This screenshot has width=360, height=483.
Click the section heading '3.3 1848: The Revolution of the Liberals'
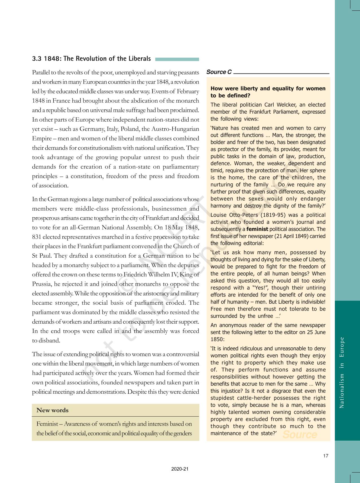(x=91, y=59)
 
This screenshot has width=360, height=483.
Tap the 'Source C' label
(x=219, y=72)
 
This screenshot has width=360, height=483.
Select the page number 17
(x=326, y=456)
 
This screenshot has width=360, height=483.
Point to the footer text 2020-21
(x=180, y=469)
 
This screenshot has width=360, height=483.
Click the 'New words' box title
(x=53, y=410)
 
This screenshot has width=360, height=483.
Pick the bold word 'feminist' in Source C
(x=257, y=229)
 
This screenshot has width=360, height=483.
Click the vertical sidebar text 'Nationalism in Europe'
(x=342, y=372)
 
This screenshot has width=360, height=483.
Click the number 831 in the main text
(x=37, y=237)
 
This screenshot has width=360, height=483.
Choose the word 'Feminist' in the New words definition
(x=46, y=424)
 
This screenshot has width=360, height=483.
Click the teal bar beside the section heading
(x=177, y=59)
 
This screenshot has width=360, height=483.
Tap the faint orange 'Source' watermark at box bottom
(x=300, y=434)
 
